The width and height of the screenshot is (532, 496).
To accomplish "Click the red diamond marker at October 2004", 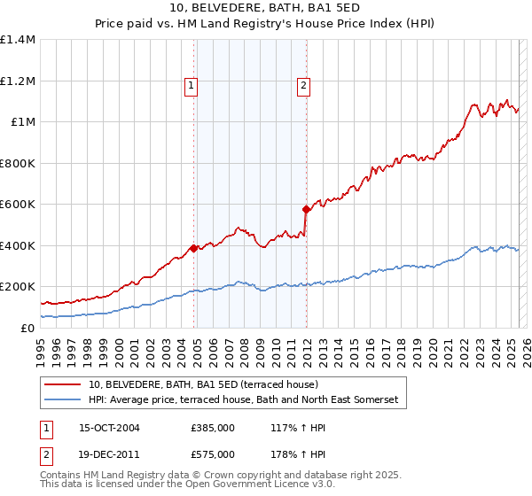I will point(193,249).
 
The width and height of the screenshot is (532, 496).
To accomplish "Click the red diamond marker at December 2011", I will point(306,210).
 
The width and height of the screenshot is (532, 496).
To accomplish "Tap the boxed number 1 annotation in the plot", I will point(191,86).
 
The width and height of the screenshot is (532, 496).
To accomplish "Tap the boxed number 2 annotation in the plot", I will point(303,86).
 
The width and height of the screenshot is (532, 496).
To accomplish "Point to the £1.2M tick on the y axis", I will point(18,81).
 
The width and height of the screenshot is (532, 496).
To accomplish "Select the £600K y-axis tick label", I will point(18,204).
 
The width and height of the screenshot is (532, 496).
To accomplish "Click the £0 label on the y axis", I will point(27,328).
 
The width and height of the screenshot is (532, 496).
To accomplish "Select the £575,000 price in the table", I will point(213,453).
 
